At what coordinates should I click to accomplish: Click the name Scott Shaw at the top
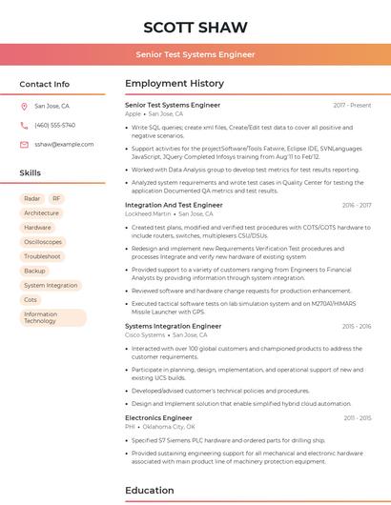pyautogui.click(x=195, y=27)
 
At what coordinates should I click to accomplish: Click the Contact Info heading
pyautogui.click(x=45, y=84)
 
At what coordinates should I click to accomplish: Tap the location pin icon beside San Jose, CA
pyautogui.click(x=24, y=106)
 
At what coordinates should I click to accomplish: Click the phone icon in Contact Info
pyautogui.click(x=24, y=125)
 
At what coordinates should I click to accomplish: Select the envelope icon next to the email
pyautogui.click(x=24, y=144)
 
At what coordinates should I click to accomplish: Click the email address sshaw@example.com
pyautogui.click(x=64, y=144)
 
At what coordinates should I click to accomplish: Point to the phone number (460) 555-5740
pyautogui.click(x=54, y=125)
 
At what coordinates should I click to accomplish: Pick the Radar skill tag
pyautogui.click(x=32, y=198)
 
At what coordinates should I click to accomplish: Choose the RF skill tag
pyautogui.click(x=56, y=198)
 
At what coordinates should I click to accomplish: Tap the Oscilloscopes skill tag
pyautogui.click(x=43, y=242)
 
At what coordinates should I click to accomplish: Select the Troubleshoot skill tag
pyautogui.click(x=42, y=256)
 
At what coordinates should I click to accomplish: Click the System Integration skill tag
pyautogui.click(x=51, y=285)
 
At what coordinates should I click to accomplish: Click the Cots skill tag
pyautogui.click(x=31, y=299)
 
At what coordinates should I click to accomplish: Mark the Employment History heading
pyautogui.click(x=175, y=84)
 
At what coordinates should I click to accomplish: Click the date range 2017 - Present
pyautogui.click(x=352, y=105)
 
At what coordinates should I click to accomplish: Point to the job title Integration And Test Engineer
pyautogui.click(x=174, y=205)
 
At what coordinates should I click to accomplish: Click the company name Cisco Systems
pyautogui.click(x=145, y=334)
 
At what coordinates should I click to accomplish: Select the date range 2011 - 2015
pyautogui.click(x=357, y=417)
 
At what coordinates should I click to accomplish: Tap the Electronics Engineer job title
pyautogui.click(x=158, y=417)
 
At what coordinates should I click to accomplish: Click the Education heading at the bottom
pyautogui.click(x=151, y=491)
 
